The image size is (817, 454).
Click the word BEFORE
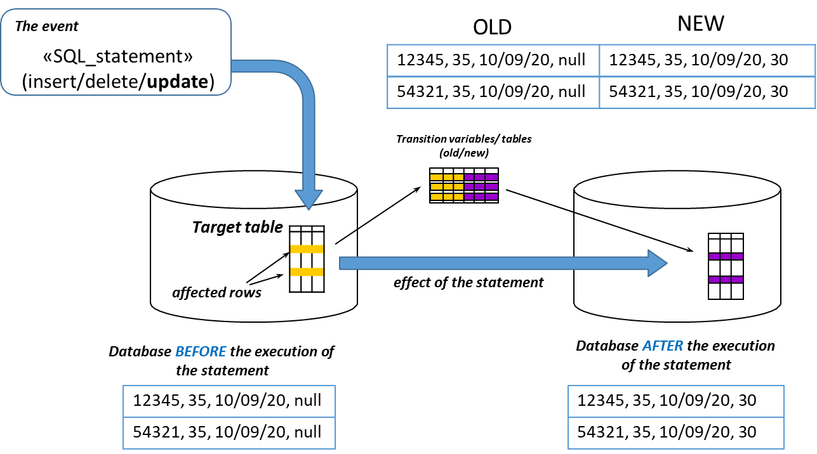coord(201,351)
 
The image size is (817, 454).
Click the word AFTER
coord(663,346)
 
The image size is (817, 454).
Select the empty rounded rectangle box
coord(116,52)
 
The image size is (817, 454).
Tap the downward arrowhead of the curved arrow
coord(309,199)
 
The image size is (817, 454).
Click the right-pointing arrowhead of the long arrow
coord(656,263)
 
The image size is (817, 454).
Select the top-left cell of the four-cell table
coord(493,61)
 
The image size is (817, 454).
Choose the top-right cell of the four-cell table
coord(707,61)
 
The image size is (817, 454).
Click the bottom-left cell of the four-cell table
coord(493,93)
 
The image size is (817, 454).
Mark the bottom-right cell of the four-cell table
coord(707,93)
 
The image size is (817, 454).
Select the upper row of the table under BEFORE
coord(229,401)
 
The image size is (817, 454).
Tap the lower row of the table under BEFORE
coord(229,433)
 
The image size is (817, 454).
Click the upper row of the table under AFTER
coord(675,401)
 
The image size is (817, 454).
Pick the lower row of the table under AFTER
coord(675,433)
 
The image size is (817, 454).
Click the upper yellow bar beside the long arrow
coord(307,249)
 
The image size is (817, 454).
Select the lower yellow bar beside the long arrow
coord(307,272)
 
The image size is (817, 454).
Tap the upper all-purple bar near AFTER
coord(726,257)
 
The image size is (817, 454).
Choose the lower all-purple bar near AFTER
coord(726,280)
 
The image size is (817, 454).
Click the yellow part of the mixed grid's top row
coord(447,177)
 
